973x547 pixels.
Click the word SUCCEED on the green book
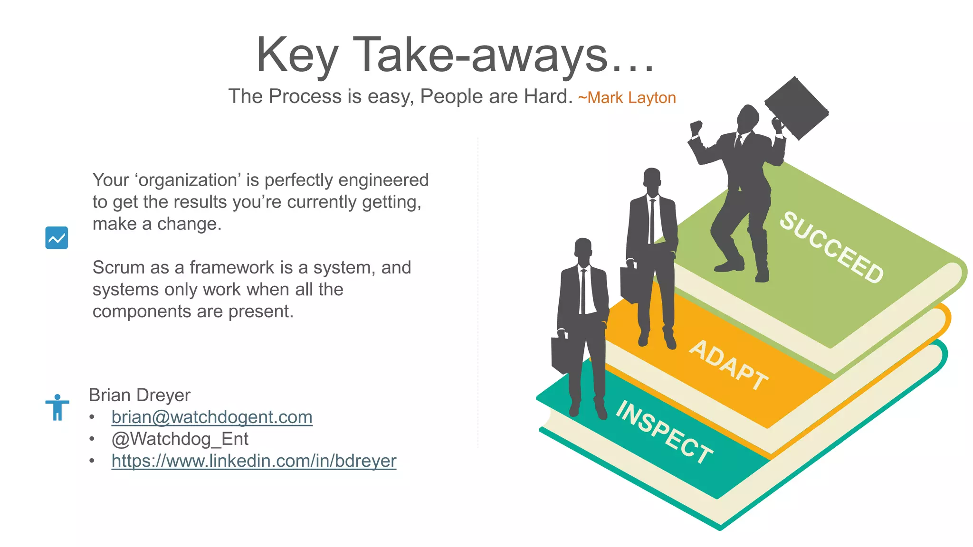pos(831,247)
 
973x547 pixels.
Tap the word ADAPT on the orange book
pos(728,365)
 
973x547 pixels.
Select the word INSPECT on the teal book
pos(664,432)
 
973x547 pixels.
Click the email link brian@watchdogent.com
pos(212,417)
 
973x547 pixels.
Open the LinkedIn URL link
pos(254,461)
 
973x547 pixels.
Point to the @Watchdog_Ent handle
pos(180,439)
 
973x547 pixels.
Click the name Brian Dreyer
pos(139,395)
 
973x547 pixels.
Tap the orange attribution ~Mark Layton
pos(627,98)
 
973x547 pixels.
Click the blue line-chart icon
pos(57,238)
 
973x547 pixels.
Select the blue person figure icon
pos(57,407)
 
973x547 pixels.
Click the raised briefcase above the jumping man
pos(797,108)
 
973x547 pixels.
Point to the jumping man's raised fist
pos(696,127)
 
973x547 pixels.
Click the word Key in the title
pos(297,56)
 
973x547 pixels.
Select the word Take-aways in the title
pos(480,56)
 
